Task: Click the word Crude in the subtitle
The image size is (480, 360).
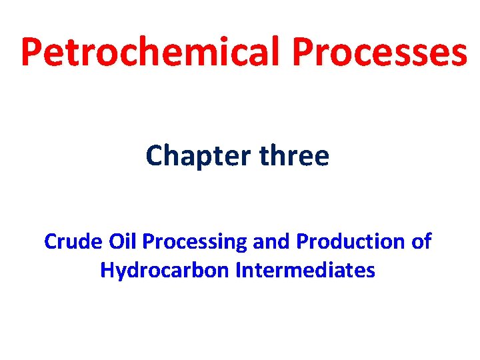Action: [70, 241]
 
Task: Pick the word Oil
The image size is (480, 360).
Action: [118, 241]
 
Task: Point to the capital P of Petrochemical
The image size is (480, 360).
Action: [32, 51]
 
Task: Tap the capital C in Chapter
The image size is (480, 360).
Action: [155, 156]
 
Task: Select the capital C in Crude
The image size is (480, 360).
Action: [51, 241]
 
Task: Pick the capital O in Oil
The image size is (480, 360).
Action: [110, 241]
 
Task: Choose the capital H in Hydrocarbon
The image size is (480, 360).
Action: [107, 270]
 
